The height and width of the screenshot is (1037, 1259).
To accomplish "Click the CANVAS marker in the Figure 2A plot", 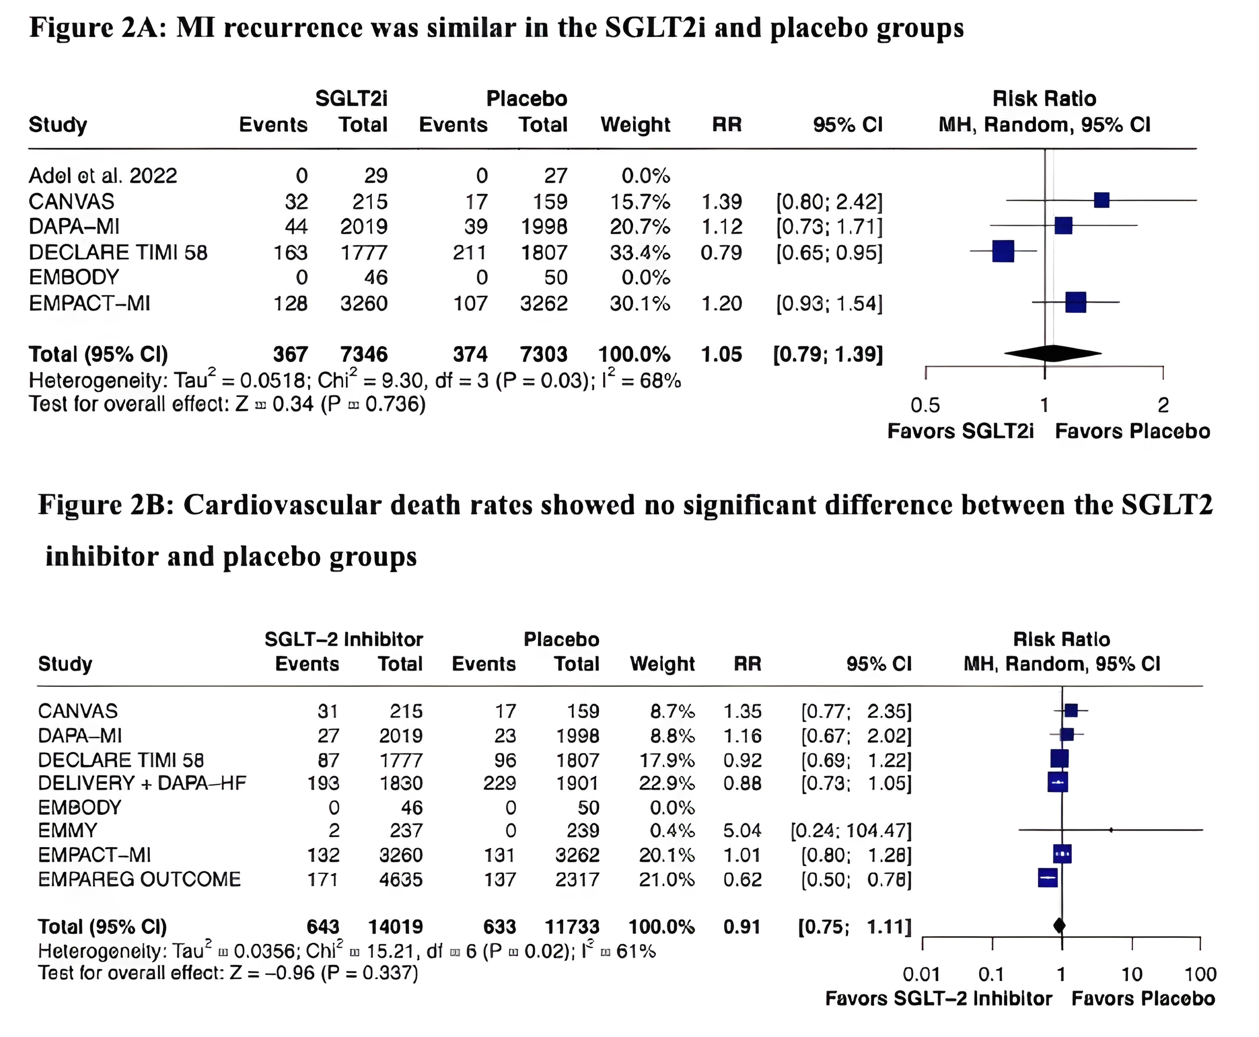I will click(1102, 200).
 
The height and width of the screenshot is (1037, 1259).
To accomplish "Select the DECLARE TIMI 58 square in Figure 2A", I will click(1003, 251).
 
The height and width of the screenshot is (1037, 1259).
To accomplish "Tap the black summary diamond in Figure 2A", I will click(1052, 354).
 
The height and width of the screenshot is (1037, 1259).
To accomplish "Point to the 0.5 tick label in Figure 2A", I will click(925, 406).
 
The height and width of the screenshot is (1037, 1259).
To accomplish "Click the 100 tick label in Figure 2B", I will click(1200, 974).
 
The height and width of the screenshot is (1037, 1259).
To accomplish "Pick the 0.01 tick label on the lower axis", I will click(921, 974).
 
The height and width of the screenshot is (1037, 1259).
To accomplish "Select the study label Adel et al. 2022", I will click(103, 175).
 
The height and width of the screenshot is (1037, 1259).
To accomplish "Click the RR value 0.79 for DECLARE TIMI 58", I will click(721, 253).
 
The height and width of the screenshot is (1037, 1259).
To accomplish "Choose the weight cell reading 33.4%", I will click(639, 253).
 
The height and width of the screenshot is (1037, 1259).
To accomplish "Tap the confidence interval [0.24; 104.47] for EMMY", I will click(851, 830).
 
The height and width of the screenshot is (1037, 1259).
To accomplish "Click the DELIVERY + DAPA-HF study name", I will click(142, 783).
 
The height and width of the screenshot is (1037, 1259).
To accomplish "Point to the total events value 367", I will click(290, 354).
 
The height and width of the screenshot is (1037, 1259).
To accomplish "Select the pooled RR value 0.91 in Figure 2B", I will click(742, 927).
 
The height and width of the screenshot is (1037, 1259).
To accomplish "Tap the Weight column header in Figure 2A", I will click(635, 125).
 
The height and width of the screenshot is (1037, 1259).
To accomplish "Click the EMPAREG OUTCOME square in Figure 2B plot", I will click(1048, 877).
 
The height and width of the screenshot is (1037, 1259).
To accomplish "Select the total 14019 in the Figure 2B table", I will click(395, 927).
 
